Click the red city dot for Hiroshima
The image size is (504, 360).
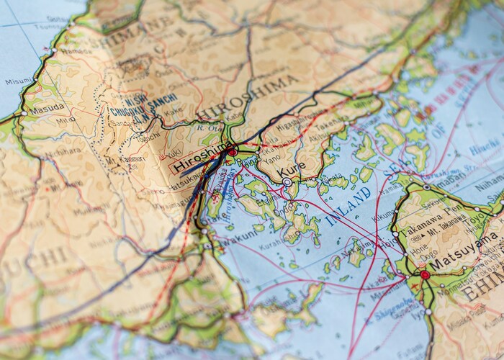[232, 152]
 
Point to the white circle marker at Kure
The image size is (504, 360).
[287, 183]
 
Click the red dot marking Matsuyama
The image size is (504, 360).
[425, 274]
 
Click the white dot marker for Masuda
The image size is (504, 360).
[23, 113]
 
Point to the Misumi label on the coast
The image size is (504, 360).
[18, 81]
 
